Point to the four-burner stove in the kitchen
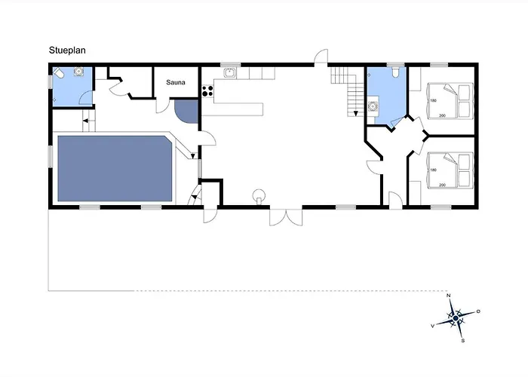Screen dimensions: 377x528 pos(209,92)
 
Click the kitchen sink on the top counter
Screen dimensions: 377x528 pos(229,72)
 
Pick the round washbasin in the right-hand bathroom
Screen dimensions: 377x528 pos(373,106)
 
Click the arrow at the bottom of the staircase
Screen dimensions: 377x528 pos(355,113)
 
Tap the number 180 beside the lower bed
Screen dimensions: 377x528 pos(433,170)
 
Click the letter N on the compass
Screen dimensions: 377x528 pos(449,295)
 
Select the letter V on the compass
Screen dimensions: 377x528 pos(432,326)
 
